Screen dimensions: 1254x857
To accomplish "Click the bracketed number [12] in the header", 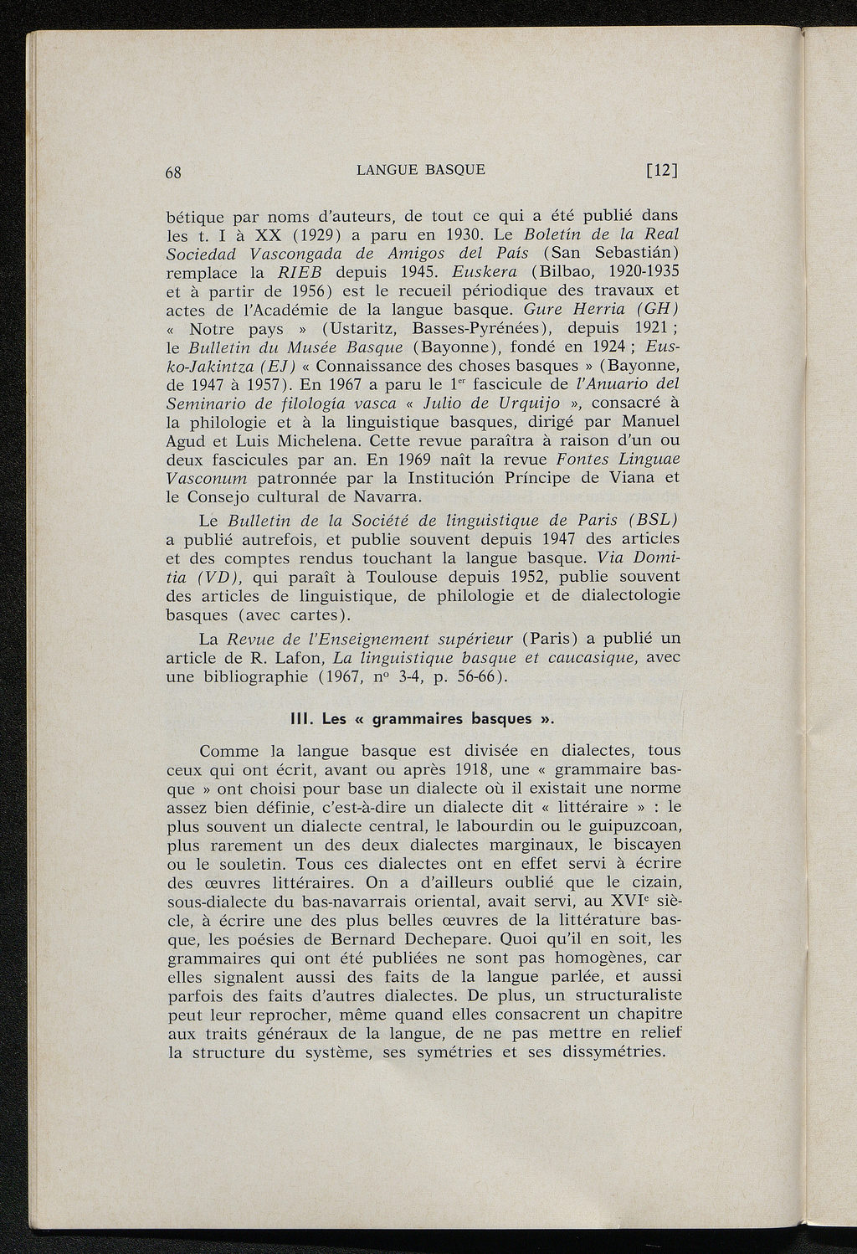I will [x=661, y=172].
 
